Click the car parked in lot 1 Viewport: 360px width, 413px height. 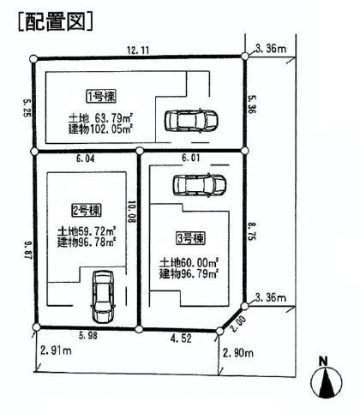[185, 120]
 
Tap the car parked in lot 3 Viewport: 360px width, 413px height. [198, 184]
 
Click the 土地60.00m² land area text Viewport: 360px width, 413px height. [189, 262]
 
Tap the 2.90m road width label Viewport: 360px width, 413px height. [239, 352]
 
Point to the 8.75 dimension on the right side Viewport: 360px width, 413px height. [251, 230]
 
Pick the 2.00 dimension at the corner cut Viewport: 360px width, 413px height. [239, 321]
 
